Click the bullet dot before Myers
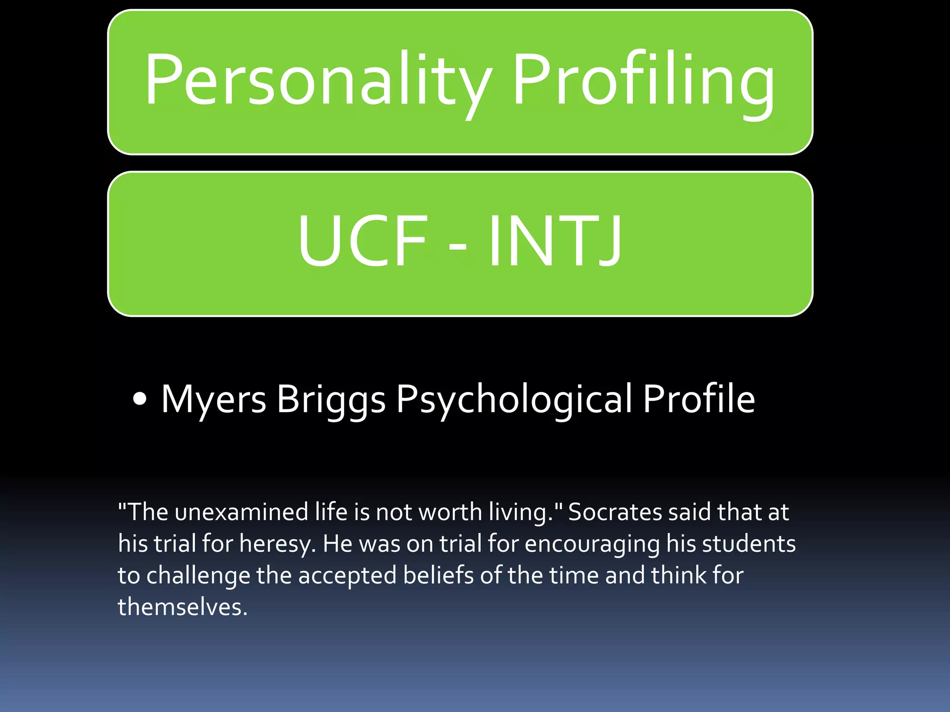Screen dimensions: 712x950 click(x=139, y=399)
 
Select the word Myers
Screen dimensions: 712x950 click(x=213, y=399)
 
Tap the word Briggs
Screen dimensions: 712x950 click(x=331, y=400)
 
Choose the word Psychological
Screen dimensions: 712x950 click(x=514, y=400)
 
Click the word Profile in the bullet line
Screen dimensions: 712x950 click(x=699, y=399)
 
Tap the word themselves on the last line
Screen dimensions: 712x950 click(x=182, y=607)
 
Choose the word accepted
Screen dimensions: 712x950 click(x=347, y=576)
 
